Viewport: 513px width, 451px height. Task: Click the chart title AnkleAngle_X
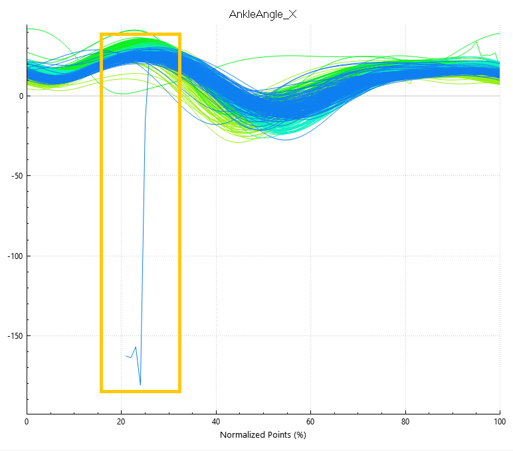tap(262, 15)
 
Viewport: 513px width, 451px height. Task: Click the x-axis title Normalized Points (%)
tap(263, 434)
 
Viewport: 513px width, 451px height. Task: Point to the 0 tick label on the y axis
tap(21, 96)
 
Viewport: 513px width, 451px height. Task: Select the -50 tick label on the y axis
tap(17, 175)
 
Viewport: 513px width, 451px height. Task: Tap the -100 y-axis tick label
tap(15, 256)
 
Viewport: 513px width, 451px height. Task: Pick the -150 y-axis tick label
tap(15, 336)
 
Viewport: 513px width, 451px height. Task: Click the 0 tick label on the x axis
tap(27, 422)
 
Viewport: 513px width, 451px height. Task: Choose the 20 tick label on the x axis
tap(121, 422)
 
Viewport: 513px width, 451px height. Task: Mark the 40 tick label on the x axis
tap(216, 422)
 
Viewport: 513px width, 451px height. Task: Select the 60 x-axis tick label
tap(310, 422)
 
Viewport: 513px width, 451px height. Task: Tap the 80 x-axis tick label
tap(405, 422)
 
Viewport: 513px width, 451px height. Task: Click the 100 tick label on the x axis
tap(500, 422)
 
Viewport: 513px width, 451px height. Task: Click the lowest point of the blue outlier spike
tap(140, 385)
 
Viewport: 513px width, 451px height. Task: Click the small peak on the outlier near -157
tap(136, 347)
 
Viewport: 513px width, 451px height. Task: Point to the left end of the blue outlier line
tap(126, 355)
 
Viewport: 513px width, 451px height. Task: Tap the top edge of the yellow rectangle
tap(140, 34)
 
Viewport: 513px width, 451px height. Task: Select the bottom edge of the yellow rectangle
tap(140, 391)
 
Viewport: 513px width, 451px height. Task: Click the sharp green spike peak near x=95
tap(476, 42)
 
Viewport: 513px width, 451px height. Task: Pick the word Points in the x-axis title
tap(280, 434)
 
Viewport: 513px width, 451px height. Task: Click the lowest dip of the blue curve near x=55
tap(286, 140)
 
